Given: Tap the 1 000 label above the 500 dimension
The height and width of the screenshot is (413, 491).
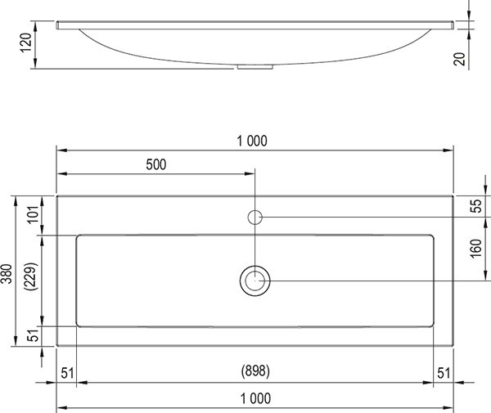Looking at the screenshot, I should click(x=255, y=140).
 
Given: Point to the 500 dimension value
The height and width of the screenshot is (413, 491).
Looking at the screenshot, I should click(x=155, y=164).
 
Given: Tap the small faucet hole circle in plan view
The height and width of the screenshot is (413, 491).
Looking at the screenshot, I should click(x=255, y=217).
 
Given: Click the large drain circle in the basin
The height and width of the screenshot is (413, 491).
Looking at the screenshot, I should click(x=255, y=281).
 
